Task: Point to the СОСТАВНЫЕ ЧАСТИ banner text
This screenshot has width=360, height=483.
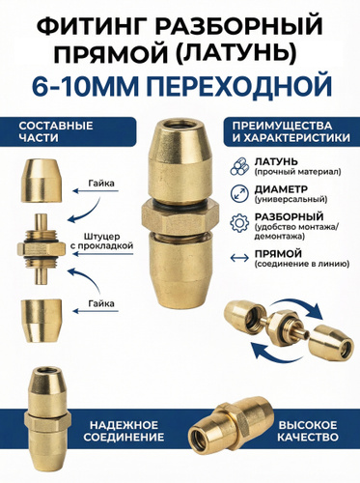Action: point(56,131)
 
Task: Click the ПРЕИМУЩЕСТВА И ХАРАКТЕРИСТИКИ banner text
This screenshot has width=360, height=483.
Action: point(291,131)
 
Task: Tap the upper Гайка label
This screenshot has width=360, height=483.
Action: point(101,184)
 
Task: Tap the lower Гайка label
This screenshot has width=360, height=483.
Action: point(101,303)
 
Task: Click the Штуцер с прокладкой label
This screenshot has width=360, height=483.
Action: point(101,241)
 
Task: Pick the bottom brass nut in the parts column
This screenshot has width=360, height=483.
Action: point(41,321)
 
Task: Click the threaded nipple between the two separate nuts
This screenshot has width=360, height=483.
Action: point(41,249)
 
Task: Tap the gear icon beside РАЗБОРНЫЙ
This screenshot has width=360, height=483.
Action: point(239,222)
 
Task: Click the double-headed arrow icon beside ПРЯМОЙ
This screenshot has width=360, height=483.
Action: point(239,258)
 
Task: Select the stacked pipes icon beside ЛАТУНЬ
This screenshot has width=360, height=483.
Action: point(239,166)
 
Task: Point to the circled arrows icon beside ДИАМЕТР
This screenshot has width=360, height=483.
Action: point(239,193)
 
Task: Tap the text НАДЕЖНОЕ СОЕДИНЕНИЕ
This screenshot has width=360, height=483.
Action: point(124,431)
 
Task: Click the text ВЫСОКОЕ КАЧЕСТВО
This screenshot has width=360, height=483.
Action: point(308,431)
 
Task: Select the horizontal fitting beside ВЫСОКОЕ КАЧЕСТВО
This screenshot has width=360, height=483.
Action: point(232,421)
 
